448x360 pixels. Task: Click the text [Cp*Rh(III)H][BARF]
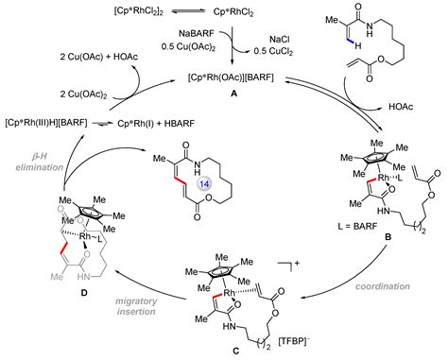[x=51, y=124]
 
